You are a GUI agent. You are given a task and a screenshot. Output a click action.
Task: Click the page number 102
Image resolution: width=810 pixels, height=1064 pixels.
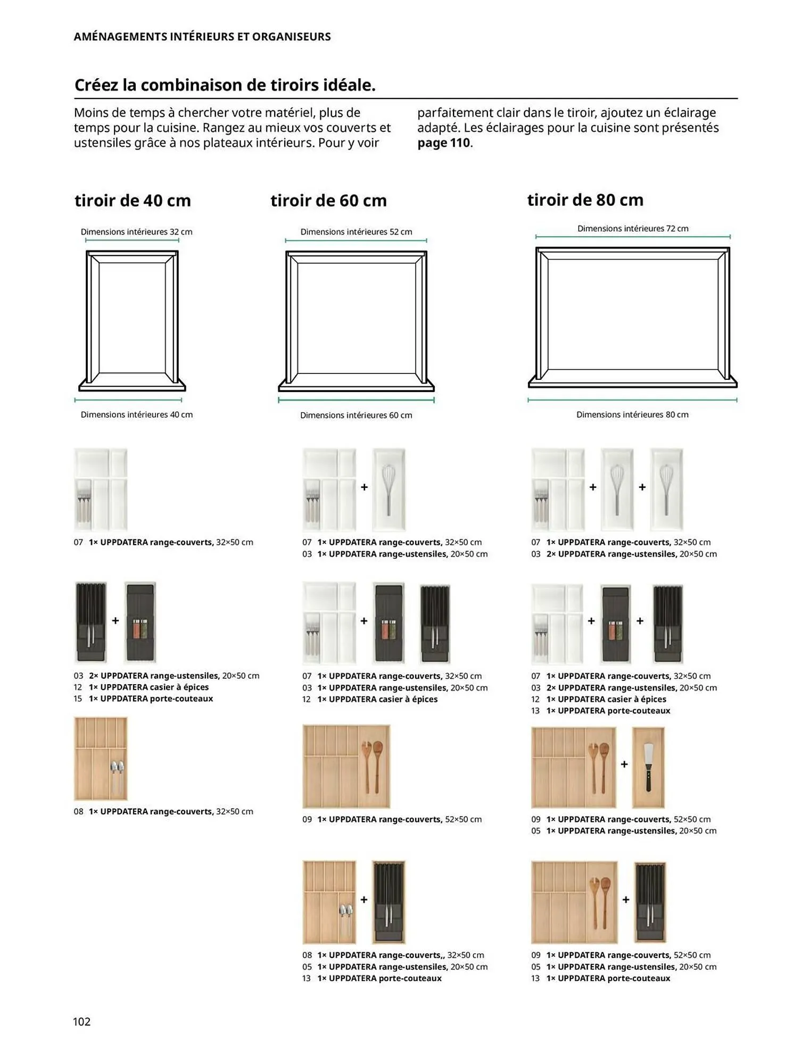(x=82, y=1021)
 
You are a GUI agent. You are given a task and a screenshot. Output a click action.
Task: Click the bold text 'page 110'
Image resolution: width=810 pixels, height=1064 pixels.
(x=444, y=143)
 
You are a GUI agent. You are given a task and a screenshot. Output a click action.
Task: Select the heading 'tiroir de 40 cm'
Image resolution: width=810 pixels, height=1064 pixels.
(x=133, y=201)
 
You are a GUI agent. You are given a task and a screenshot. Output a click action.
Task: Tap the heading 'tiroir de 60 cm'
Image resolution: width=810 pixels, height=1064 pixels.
(x=328, y=201)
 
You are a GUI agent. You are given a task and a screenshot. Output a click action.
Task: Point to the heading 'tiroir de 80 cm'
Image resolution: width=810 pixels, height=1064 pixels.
(x=585, y=200)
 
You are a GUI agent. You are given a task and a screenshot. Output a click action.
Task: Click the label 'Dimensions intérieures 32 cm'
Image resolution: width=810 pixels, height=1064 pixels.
(x=136, y=232)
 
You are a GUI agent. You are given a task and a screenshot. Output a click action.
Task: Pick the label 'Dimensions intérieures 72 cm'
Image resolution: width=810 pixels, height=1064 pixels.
(x=633, y=229)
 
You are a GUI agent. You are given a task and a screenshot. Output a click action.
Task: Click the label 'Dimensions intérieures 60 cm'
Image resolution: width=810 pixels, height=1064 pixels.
(x=356, y=415)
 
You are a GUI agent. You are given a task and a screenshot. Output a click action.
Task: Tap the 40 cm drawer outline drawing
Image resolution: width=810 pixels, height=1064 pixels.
(x=132, y=320)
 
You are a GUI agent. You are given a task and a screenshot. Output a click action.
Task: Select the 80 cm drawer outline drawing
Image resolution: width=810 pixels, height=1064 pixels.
(x=633, y=317)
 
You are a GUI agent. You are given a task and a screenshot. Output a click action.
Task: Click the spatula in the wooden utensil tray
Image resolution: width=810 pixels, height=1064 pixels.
(x=648, y=767)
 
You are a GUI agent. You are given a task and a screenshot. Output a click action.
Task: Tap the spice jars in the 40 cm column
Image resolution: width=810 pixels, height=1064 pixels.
(x=140, y=628)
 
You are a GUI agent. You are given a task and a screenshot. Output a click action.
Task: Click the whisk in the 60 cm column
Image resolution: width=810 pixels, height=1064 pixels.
(x=389, y=489)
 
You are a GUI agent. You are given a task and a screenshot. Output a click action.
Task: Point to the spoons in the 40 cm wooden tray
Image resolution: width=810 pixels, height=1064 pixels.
(x=117, y=774)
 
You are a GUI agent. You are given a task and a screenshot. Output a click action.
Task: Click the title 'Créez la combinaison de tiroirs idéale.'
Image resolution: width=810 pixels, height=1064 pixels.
(x=225, y=85)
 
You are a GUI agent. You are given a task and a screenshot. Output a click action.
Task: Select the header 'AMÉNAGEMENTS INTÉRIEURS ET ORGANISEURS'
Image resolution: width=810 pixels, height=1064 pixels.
(x=202, y=37)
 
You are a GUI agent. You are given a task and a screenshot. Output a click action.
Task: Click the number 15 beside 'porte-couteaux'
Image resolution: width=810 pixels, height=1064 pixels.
(x=78, y=699)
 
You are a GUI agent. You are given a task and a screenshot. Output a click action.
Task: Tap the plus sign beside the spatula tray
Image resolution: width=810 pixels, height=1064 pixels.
(x=624, y=764)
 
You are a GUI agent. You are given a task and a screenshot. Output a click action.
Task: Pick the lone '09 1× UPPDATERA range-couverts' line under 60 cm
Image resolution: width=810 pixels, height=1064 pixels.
(x=392, y=819)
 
